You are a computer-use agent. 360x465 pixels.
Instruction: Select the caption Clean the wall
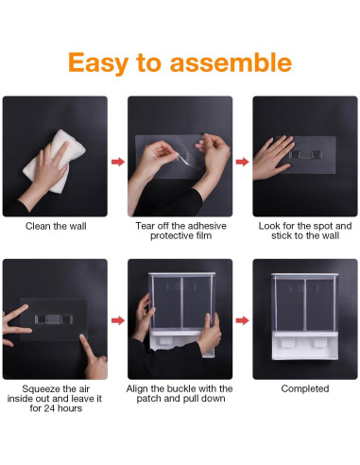54,227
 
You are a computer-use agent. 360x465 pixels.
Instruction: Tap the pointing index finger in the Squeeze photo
93,352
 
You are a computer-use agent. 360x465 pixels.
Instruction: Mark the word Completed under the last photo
305,388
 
